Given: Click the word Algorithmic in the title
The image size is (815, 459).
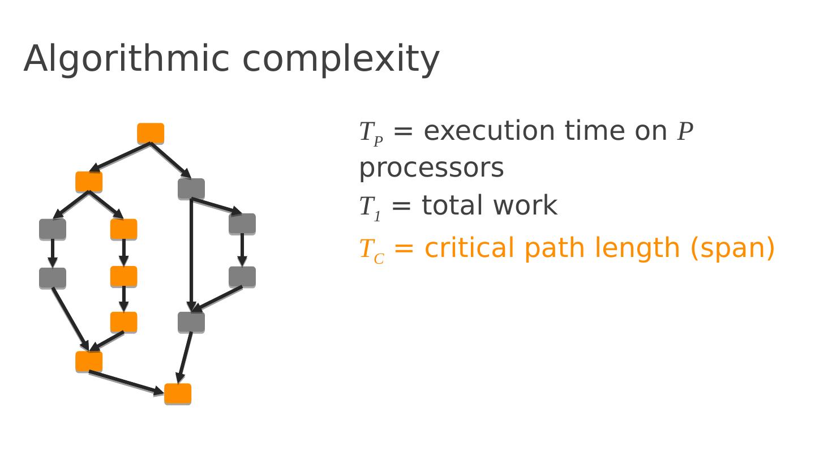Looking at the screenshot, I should pos(126,59).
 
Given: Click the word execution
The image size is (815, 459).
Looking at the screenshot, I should pos(489,131).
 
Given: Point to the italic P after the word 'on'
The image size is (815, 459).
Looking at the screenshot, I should pos(685,132).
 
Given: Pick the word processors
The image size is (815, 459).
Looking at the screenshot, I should pos(431,169).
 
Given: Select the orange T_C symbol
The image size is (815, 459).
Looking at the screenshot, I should pos(372,250).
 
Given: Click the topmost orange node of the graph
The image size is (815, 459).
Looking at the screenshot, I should pos(151,134).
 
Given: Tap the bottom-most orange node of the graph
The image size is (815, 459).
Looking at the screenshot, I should pos(178,394).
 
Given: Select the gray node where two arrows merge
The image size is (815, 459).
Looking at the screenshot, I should pos(191,322).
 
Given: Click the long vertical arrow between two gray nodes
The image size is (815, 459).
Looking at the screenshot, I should pos(191,255).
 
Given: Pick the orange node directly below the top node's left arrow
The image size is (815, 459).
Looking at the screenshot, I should pos(89,182).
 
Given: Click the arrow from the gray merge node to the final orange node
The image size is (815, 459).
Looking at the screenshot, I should pos(185,357).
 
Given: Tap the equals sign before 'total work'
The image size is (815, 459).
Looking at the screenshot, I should pos(401,206).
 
